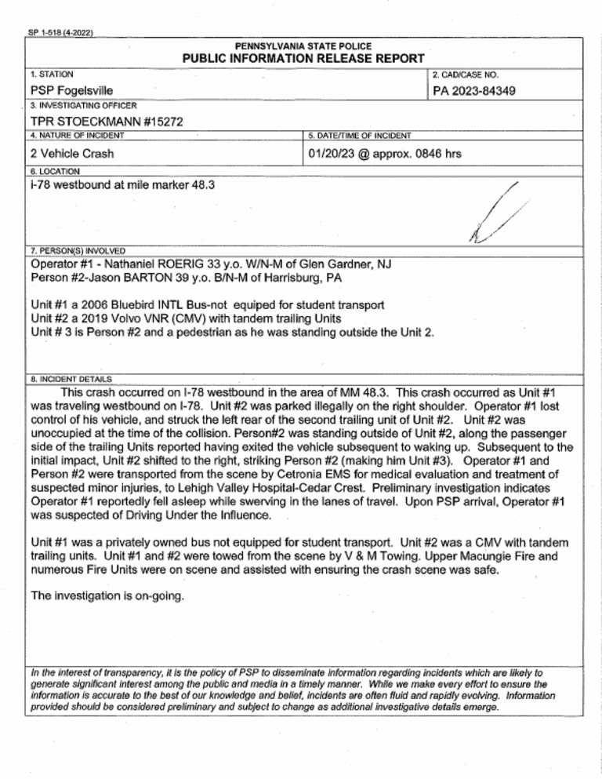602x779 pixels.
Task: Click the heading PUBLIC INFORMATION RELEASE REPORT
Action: [303, 59]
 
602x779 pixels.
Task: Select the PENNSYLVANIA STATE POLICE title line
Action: [303, 46]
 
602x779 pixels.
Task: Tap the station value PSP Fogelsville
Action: [73, 93]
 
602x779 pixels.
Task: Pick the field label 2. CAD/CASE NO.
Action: [469, 75]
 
